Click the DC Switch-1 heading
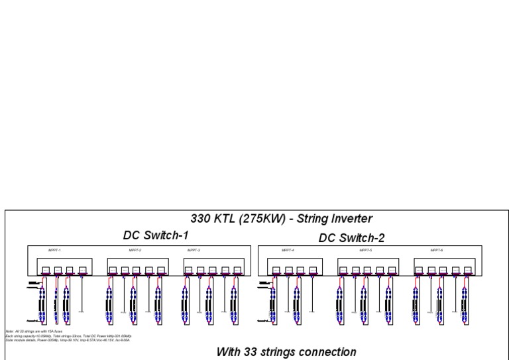pos(156,235)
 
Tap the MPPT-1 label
pos(54,251)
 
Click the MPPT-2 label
pos(135,251)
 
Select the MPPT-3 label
pos(194,251)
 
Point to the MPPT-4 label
pos(288,251)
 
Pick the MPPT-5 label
pos(365,251)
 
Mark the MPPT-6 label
pos(436,251)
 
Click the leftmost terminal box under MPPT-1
pos(45,270)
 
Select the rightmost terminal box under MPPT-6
pos(469,270)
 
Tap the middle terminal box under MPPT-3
pos(213,270)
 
